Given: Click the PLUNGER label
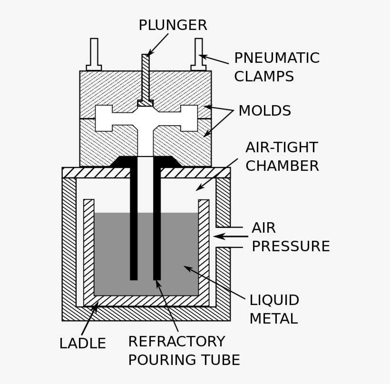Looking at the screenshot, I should pyautogui.click(x=173, y=25).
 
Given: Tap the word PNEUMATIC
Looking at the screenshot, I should pyautogui.click(x=276, y=58).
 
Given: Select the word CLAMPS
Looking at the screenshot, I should pyautogui.click(x=263, y=76).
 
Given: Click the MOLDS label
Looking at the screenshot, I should pyautogui.click(x=264, y=111).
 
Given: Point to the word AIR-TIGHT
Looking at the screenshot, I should pyautogui.click(x=281, y=148).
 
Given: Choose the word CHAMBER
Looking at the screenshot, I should pyautogui.click(x=282, y=166).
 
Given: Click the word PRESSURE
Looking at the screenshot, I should pyautogui.click(x=290, y=246).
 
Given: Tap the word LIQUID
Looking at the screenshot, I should pyautogui.click(x=274, y=300).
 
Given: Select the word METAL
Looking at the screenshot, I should pyautogui.click(x=273, y=318).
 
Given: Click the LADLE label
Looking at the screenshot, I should pyautogui.click(x=82, y=343).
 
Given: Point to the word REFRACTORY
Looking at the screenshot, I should pyautogui.click(x=176, y=341).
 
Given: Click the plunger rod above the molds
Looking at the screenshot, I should pyautogui.click(x=146, y=76).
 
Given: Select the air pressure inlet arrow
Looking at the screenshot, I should pyautogui.click(x=231, y=236).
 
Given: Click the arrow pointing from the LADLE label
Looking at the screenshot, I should pyautogui.click(x=90, y=320).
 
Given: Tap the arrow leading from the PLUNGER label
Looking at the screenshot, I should pyautogui.click(x=158, y=44).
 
